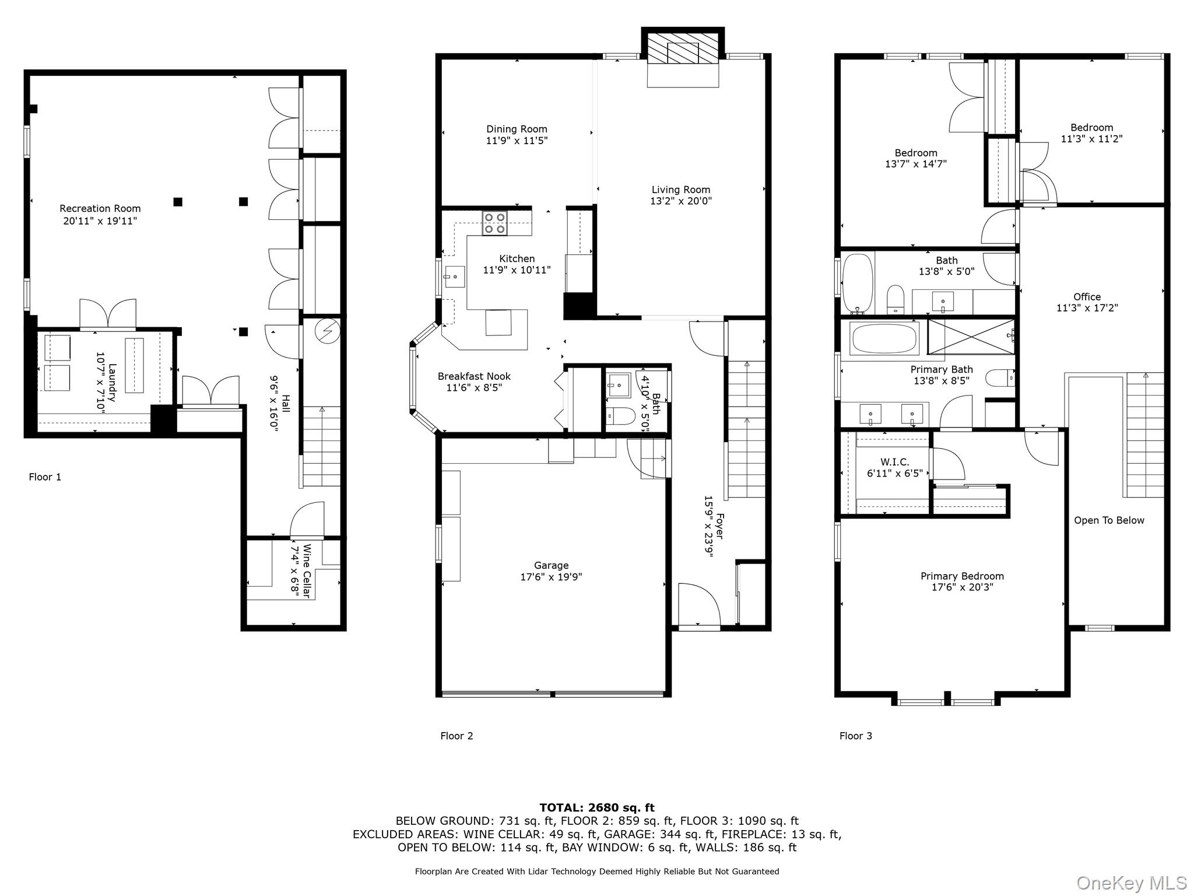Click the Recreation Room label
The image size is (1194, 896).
coord(100,208)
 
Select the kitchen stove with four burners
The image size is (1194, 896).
coord(495,223)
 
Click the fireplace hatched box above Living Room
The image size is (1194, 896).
coord(683,48)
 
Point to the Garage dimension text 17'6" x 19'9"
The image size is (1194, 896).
coord(551,577)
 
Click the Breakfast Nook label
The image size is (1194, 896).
coord(474,376)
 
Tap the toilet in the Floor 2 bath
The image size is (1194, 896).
coord(620,415)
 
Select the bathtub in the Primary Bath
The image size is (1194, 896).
coord(884,338)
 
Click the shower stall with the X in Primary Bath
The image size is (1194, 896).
coord(971,336)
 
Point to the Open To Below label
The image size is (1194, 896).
coord(1109,520)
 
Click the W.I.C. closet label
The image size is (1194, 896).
coord(895,462)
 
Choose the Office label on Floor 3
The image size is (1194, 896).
coord(1087,296)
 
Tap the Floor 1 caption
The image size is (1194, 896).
coord(45,477)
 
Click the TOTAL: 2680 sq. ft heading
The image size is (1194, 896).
coord(597,807)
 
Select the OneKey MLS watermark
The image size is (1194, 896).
coord(1131,883)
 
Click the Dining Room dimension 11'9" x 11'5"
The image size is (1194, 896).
coord(517,141)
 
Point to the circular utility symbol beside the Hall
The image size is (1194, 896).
coord(326,331)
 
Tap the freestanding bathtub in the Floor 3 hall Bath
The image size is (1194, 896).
coord(858,283)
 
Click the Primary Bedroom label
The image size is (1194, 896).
coord(962,576)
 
